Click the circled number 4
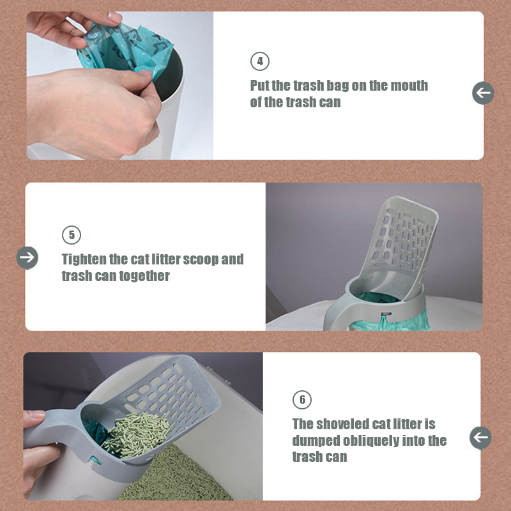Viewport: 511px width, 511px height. (260, 61)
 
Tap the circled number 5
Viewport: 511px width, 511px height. (72, 235)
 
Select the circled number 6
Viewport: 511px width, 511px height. (302, 400)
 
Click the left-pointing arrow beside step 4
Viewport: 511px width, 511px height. (483, 93)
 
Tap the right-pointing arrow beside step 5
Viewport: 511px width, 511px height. (27, 258)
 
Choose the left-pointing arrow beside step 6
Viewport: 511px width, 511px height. (481, 438)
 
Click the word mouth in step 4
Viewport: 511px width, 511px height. (409, 86)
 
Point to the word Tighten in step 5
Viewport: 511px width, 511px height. (84, 260)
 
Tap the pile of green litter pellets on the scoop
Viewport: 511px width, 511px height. (136, 434)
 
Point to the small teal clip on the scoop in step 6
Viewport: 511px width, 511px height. (95, 460)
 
